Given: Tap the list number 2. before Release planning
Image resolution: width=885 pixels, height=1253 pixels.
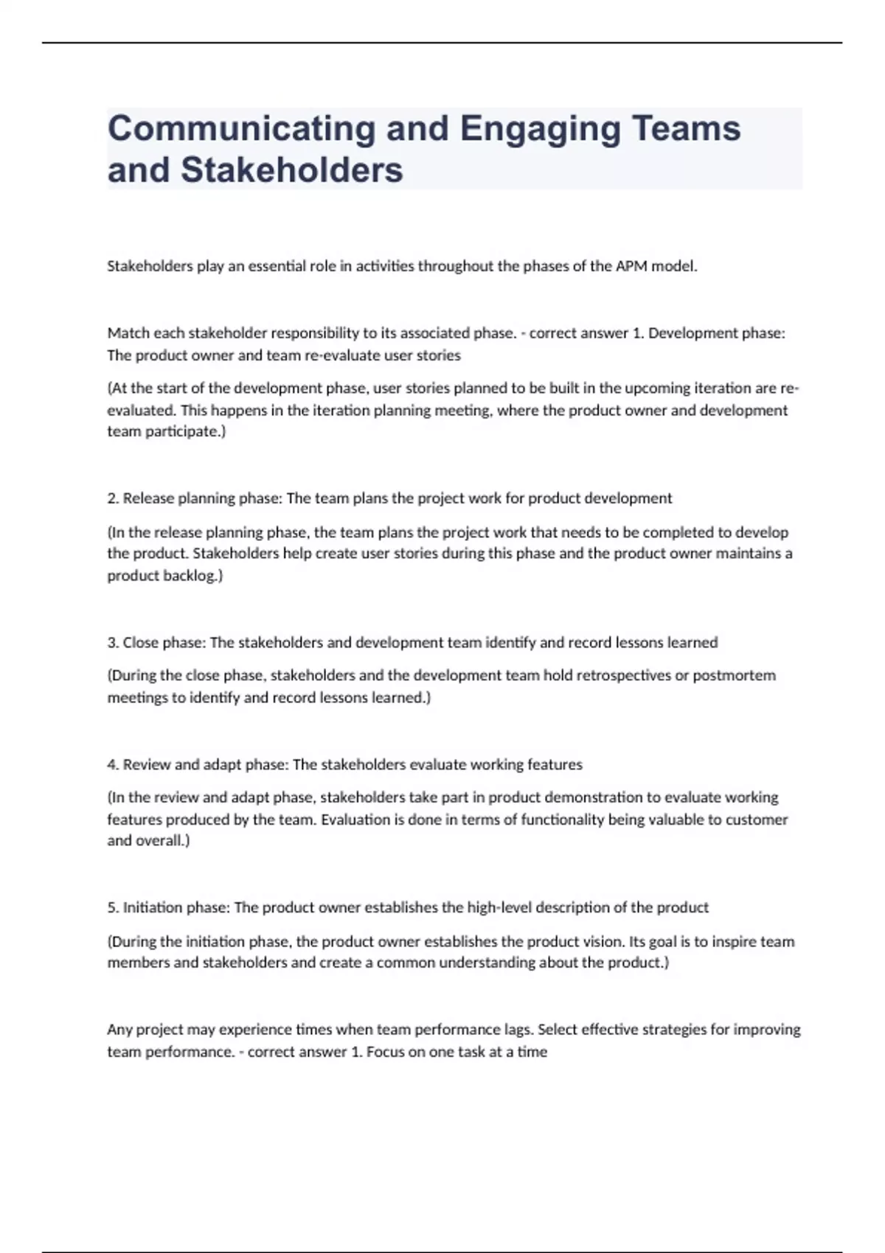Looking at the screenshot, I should click(114, 498).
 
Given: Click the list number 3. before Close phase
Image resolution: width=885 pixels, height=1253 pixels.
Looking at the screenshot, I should click(114, 643).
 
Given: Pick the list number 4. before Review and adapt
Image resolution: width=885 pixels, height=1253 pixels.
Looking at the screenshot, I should click(114, 765).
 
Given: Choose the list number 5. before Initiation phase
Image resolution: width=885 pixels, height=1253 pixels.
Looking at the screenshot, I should click(114, 908).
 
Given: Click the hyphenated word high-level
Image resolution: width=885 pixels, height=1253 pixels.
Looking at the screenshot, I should click(499, 908).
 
